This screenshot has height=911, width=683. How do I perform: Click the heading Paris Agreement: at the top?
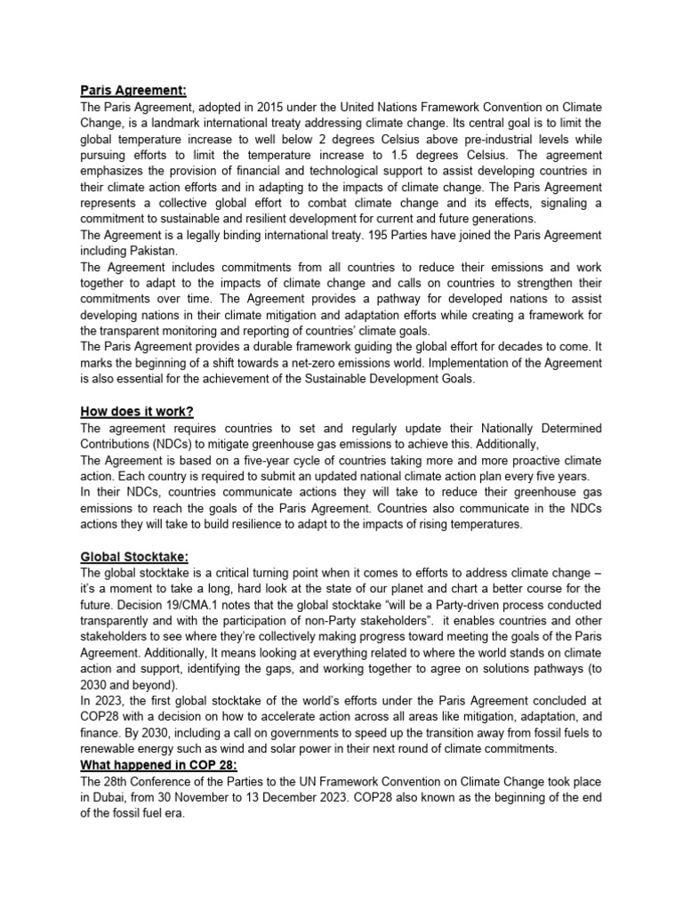(133, 90)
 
